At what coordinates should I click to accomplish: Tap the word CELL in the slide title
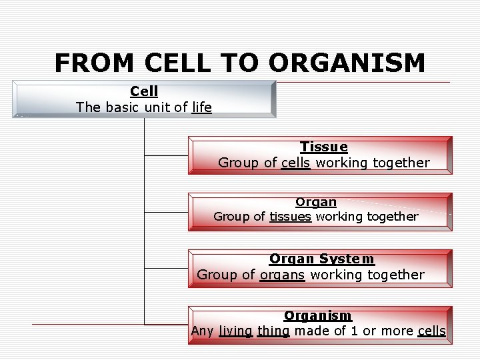(180, 63)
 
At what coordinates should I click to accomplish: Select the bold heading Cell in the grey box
(144, 91)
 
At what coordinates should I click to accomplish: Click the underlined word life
(201, 107)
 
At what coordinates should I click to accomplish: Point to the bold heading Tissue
(323, 147)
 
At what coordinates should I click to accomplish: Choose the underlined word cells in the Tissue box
(295, 163)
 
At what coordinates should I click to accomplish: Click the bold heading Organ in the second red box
(316, 201)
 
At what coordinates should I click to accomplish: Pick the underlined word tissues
(290, 217)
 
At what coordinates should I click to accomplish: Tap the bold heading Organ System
(321, 259)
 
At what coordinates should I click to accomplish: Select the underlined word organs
(282, 275)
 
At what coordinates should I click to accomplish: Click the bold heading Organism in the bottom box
(317, 315)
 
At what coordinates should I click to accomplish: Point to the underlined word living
(235, 331)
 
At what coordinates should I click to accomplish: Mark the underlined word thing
(273, 331)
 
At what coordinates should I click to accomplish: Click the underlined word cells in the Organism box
(431, 331)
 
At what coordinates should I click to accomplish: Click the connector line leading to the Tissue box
(166, 155)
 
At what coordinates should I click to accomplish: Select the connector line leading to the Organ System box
(166, 268)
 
